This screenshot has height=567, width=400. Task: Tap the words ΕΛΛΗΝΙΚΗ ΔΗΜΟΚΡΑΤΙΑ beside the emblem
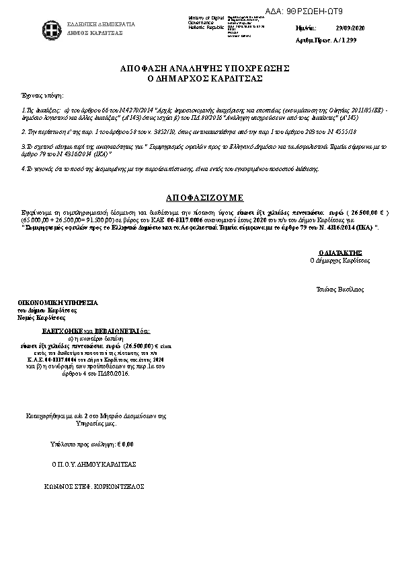[101, 24]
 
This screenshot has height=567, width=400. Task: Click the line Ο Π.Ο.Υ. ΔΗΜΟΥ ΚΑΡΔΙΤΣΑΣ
[94, 465]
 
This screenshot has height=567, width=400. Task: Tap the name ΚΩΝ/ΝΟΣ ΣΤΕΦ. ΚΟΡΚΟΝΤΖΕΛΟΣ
[94, 486]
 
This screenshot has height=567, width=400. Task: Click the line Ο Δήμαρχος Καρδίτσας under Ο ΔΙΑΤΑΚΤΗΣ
[339, 259]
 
